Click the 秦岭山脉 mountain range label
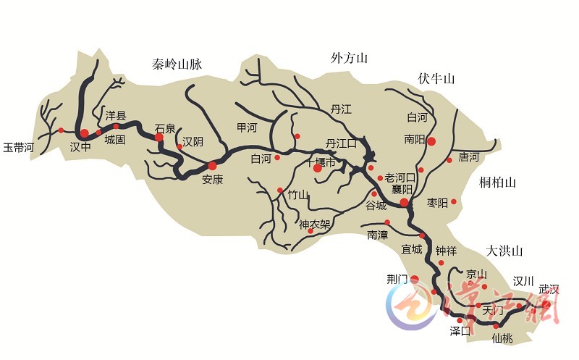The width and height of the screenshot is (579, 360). tap(177, 64)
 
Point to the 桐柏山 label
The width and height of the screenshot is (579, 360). tap(497, 183)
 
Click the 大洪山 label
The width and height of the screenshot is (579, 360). tap(504, 251)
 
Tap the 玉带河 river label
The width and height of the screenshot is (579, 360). tap(19, 147)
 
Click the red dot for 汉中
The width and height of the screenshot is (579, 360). tap(84, 133)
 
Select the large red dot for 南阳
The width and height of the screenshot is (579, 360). tap(431, 141)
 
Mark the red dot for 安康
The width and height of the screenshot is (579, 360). tap(212, 166)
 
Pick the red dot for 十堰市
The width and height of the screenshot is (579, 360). tap(317, 168)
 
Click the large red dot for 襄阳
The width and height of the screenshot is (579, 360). tap(404, 204)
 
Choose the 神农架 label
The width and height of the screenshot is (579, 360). tap(315, 224)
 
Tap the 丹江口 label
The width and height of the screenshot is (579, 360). tap(341, 143)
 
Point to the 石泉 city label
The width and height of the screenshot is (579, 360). tap(165, 129)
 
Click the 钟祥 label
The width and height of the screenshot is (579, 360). tap(446, 251)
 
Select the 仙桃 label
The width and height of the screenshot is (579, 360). tap(502, 337)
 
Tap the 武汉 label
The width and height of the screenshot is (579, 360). tap(549, 289)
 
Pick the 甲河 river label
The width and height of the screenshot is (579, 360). tap(247, 127)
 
